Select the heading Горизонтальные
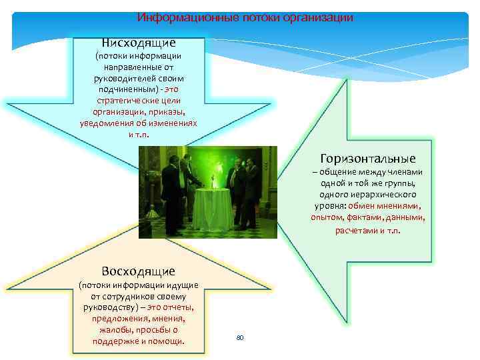(x=368, y=158)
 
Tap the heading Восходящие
(x=138, y=271)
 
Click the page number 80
(x=240, y=338)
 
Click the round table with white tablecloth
(x=210, y=207)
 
